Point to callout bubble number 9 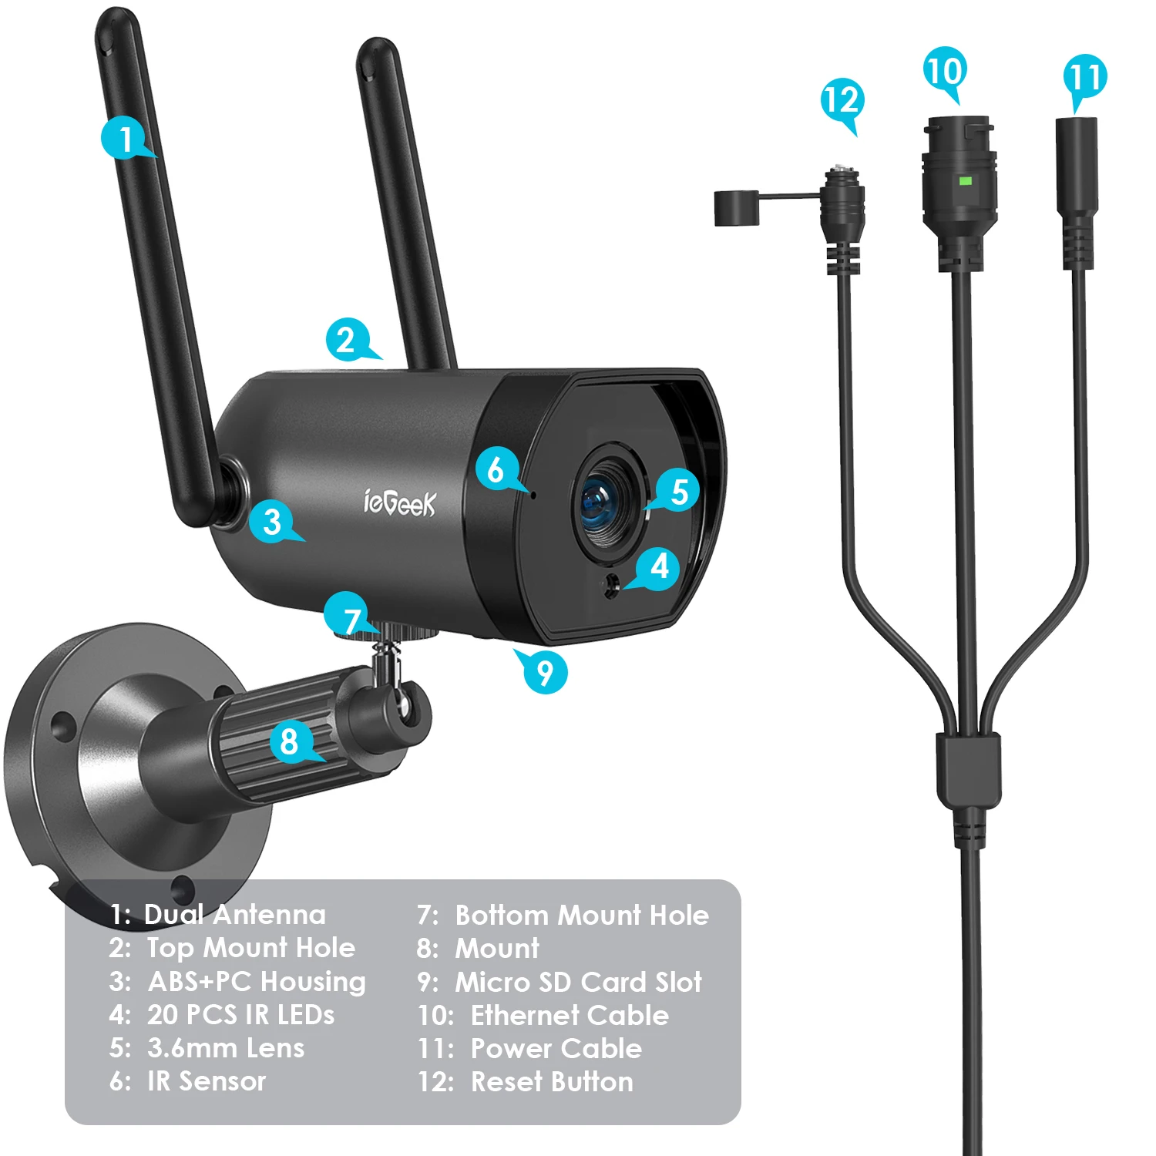tap(543, 671)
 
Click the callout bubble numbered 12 tap(842, 101)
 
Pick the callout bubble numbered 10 tap(945, 72)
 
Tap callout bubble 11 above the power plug tap(1085, 78)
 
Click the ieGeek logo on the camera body tap(399, 502)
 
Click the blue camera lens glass tap(605, 505)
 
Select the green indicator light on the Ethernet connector tap(965, 181)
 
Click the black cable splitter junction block tap(969, 769)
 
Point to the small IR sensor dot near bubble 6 tap(533, 491)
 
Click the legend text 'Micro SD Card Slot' tap(578, 982)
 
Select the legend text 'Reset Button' tap(552, 1081)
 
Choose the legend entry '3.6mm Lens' tap(226, 1047)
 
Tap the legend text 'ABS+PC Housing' tap(257, 982)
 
